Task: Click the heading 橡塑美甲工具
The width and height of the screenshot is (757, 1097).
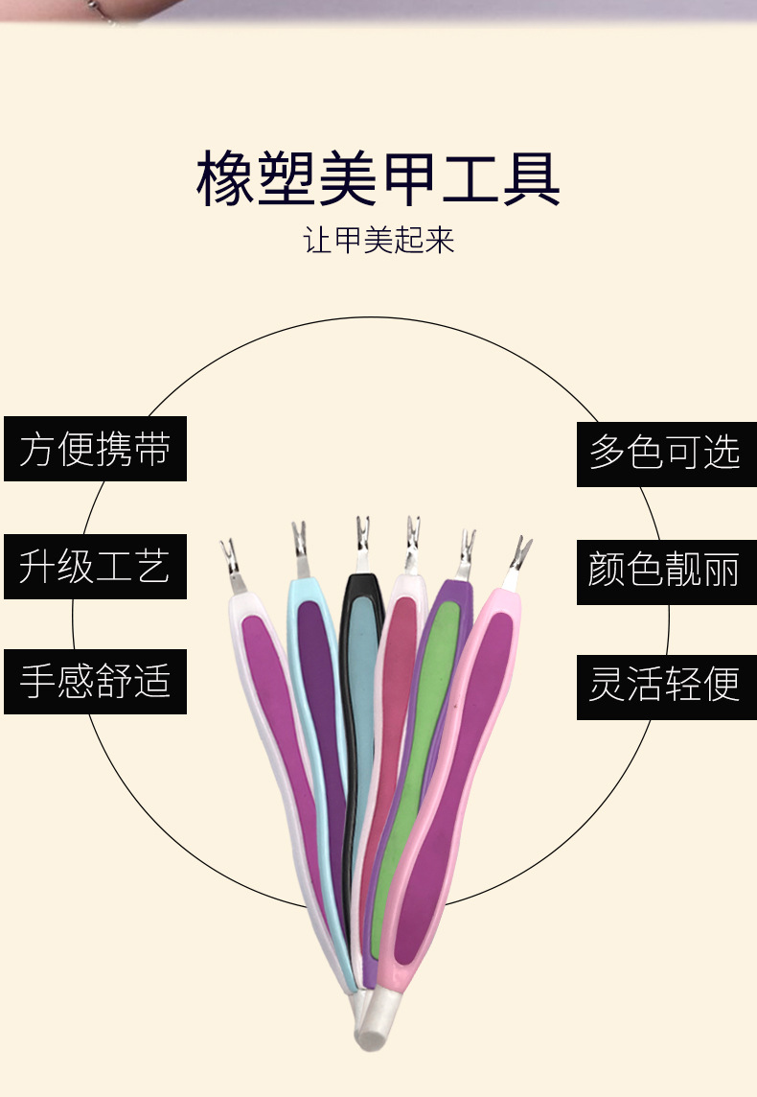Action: point(378,178)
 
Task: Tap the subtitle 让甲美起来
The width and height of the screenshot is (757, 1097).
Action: point(378,239)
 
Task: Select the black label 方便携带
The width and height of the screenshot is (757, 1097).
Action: point(95,449)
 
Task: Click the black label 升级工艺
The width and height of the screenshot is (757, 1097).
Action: point(95,566)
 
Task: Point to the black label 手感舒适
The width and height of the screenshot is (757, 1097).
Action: point(95,682)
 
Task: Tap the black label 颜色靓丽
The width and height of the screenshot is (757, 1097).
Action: point(666,571)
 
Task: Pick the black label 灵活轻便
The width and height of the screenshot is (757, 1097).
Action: point(666,687)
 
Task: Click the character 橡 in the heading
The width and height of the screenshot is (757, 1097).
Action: point(226,178)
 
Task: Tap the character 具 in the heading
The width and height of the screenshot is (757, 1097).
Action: point(530,178)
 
